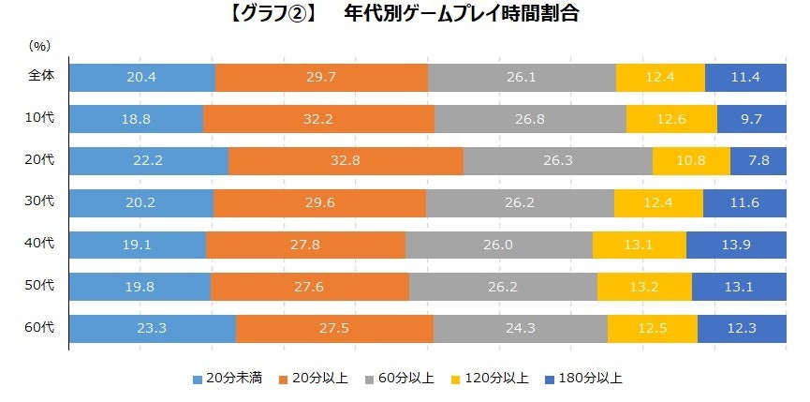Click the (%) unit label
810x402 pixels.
tap(39, 46)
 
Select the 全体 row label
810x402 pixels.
tap(40, 77)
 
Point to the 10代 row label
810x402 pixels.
tap(40, 118)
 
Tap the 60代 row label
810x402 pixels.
tap(40, 328)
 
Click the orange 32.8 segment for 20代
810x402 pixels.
tap(346, 160)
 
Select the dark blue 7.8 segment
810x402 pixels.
tap(758, 160)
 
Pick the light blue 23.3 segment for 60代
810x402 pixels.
tap(153, 329)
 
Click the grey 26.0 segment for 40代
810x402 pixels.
tap(499, 245)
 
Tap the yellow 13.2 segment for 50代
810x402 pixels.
tap(644, 287)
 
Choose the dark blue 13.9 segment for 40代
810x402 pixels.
tap(736, 245)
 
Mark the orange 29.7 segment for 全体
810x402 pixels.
tap(321, 77)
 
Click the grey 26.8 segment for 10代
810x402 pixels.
tap(530, 119)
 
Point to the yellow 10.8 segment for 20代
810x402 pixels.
tap(691, 160)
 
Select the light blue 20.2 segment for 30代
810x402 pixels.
tap(141, 202)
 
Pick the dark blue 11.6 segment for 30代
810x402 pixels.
tap(744, 202)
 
